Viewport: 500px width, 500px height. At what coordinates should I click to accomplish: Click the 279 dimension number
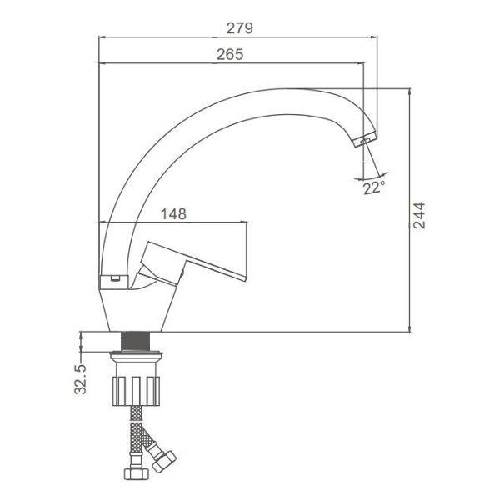pyautogui.click(x=240, y=28)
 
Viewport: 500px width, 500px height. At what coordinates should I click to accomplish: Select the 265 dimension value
pyautogui.click(x=230, y=54)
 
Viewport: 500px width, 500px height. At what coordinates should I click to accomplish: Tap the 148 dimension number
pyautogui.click(x=173, y=213)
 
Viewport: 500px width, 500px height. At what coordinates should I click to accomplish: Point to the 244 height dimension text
pyautogui.click(x=419, y=215)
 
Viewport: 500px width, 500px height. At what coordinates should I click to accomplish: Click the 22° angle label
pyautogui.click(x=374, y=187)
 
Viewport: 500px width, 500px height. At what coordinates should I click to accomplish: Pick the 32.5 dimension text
pyautogui.click(x=80, y=379)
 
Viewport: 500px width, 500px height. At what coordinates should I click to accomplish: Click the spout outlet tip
pyautogui.click(x=365, y=140)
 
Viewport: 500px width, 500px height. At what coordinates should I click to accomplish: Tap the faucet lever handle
pyautogui.click(x=192, y=263)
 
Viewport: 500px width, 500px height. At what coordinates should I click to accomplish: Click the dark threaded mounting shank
pyautogui.click(x=136, y=341)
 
